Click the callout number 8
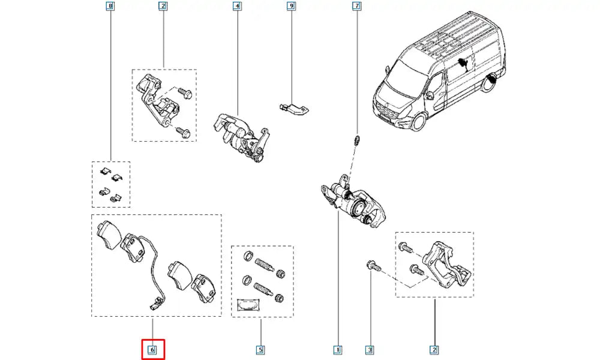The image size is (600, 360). click(109, 7)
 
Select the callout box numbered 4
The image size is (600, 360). click(238, 7)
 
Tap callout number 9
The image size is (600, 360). click(291, 7)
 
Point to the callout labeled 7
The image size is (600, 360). click(356, 7)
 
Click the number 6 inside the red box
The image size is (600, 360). click(152, 349)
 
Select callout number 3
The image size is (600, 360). click(370, 349)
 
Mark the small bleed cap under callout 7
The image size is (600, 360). click(356, 141)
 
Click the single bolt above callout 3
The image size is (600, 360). click(371, 265)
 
